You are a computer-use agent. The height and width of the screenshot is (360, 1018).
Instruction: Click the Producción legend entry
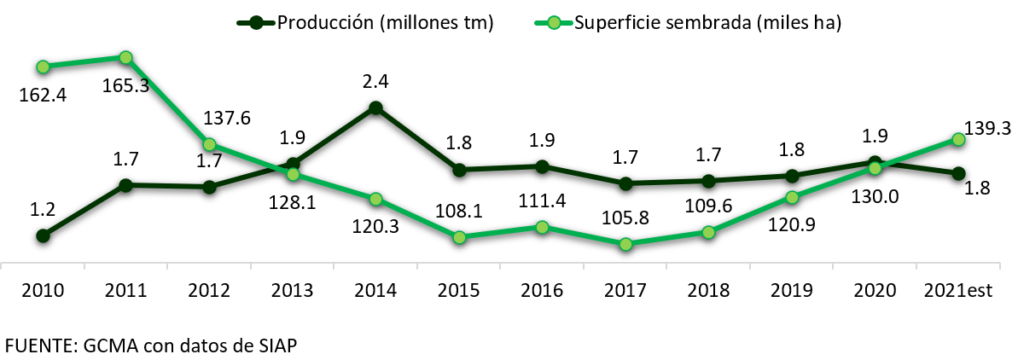[367, 22]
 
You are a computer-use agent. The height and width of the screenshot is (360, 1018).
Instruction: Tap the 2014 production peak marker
[375, 107]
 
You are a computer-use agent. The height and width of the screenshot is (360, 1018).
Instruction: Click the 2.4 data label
[375, 82]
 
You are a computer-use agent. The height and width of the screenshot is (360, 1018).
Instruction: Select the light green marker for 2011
[125, 57]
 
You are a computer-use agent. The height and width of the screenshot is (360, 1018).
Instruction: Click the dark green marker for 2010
[43, 235]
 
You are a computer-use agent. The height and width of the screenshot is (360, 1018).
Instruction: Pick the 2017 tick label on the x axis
[625, 290]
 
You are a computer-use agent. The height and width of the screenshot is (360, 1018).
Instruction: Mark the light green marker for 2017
[625, 244]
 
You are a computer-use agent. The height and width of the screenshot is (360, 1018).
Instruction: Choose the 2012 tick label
[209, 290]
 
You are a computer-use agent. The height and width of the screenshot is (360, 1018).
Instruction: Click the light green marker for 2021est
[958, 139]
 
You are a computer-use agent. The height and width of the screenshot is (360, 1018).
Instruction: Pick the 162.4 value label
[43, 92]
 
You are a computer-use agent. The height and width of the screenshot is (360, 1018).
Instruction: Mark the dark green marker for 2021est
[958, 173]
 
